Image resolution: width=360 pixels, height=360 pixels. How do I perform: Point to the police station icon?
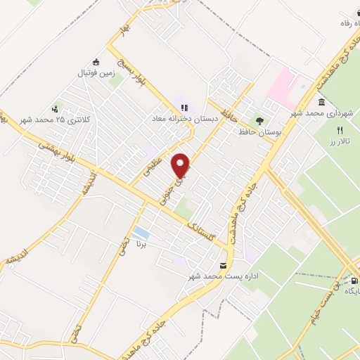coord(56,109)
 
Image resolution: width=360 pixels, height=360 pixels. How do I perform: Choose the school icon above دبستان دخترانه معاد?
coord(185,108)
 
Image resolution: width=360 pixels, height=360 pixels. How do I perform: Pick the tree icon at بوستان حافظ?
coord(259,120)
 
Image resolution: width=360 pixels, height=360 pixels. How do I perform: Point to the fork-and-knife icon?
coord(340,130)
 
